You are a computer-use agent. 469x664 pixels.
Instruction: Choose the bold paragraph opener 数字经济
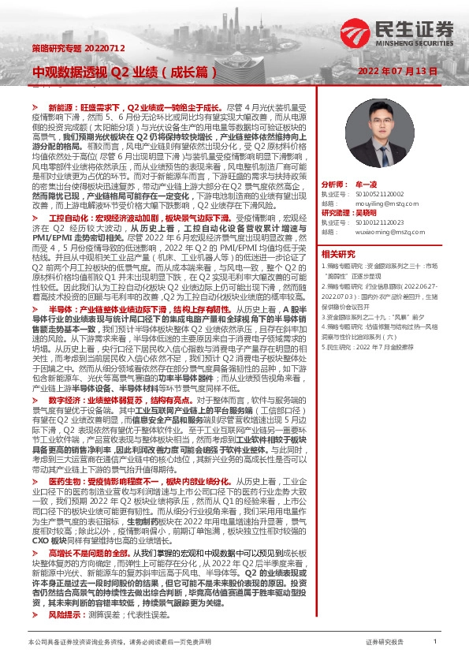pos(64,400)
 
